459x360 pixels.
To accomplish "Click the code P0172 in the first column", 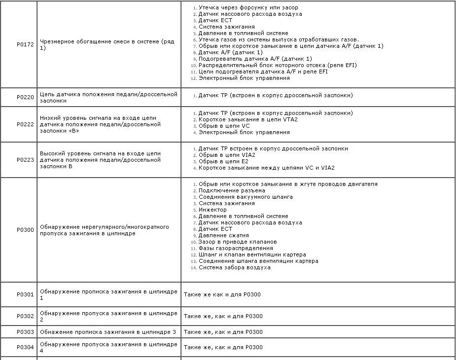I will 25,44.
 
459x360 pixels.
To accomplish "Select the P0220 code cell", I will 25,97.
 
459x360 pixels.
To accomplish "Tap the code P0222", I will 25,124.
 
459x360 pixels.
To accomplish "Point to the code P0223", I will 25,160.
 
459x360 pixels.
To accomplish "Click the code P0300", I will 25,230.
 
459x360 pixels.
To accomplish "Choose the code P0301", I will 25,294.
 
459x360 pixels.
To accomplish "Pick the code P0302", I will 25,316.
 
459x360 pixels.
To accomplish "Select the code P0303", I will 25,332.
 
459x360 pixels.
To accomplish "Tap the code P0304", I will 25,347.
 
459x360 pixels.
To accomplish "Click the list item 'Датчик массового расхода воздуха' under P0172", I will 250,14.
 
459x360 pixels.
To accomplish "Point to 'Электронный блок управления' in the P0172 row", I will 244,78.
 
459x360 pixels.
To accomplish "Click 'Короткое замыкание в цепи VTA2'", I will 248,119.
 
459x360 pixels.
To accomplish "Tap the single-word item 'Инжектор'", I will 212,210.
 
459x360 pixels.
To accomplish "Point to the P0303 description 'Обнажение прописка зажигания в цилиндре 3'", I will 107,332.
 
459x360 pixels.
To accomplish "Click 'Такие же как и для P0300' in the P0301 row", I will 222,294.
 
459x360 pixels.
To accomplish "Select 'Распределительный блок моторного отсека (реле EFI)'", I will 277,65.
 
